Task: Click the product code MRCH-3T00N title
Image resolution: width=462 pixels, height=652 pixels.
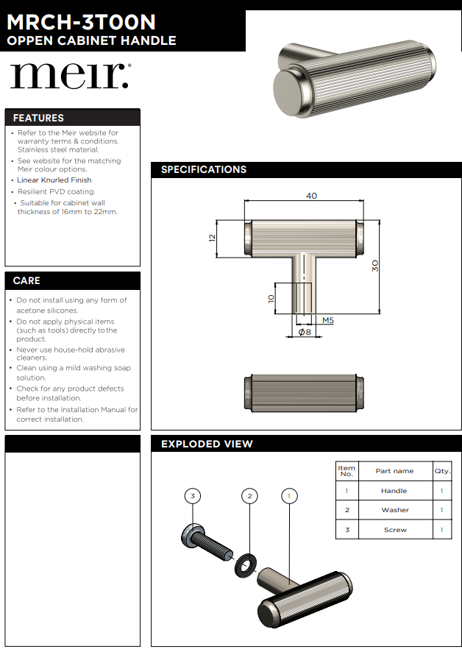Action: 81,22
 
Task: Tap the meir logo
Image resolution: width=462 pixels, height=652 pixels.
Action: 69,76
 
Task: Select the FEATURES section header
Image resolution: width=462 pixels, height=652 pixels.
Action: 38,118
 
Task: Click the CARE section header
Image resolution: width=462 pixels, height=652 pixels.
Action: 26,280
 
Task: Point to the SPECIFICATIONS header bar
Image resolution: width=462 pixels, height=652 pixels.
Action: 204,169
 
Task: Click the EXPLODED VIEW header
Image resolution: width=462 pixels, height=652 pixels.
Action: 207,444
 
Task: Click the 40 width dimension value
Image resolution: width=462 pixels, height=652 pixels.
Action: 311,196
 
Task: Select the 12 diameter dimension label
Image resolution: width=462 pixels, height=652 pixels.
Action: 211,238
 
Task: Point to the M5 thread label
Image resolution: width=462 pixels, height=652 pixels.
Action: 328,320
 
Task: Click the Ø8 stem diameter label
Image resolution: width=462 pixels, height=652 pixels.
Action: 305,333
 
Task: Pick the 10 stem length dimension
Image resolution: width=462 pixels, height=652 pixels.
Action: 271,299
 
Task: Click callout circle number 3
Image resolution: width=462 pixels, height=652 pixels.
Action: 193,496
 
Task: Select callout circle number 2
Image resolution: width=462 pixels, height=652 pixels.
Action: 249,496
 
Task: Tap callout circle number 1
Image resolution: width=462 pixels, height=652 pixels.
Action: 289,496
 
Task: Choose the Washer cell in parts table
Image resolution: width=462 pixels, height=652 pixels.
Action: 395,510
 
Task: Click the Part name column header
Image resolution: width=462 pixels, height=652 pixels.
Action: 394,471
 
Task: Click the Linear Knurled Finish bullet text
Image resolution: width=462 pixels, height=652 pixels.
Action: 54,180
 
